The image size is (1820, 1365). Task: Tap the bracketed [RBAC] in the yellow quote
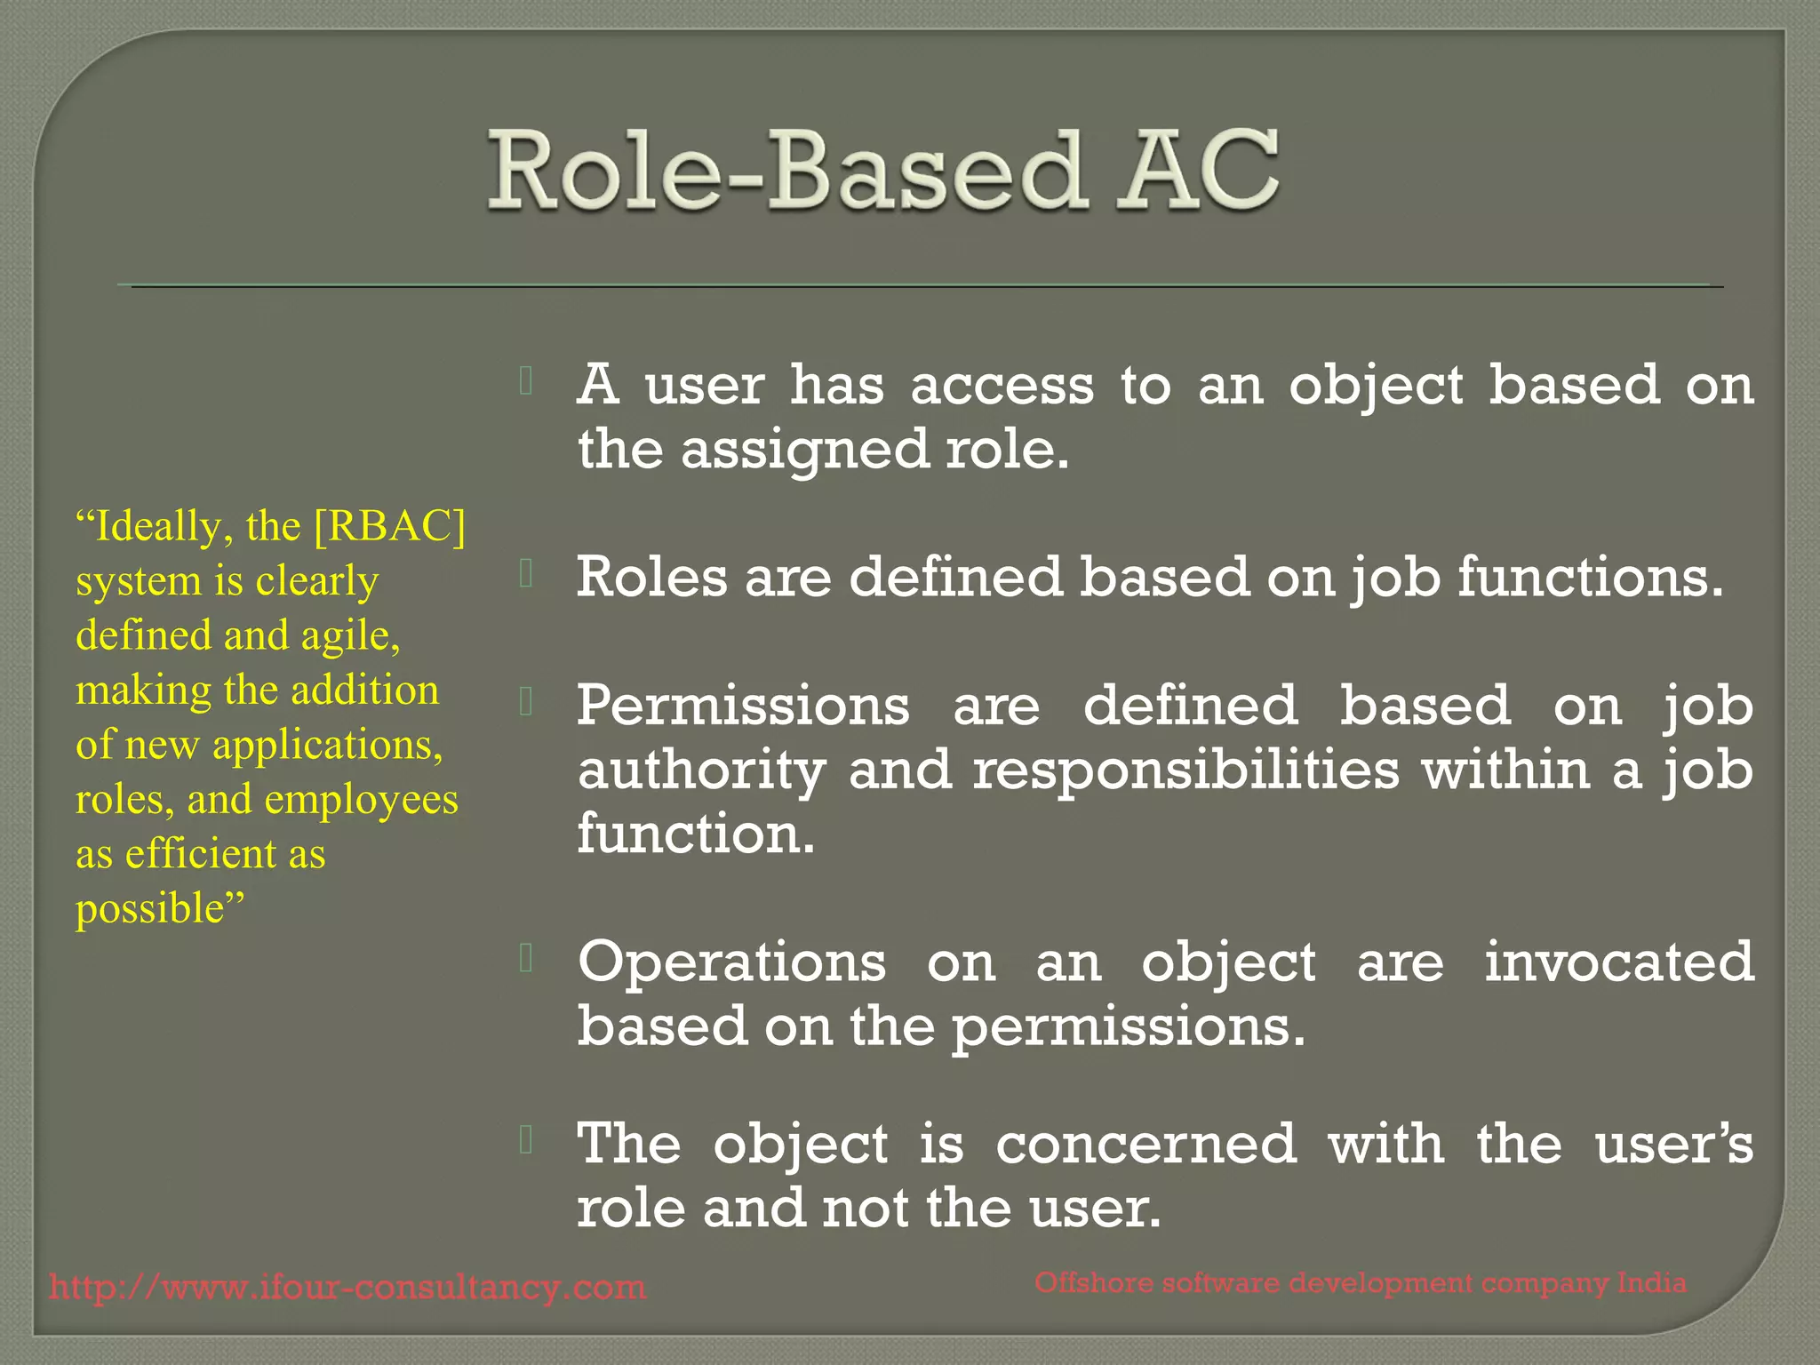pyautogui.click(x=390, y=526)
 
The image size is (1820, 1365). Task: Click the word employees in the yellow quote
pyautogui.click(x=361, y=800)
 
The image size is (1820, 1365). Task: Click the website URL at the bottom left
pyautogui.click(x=347, y=1287)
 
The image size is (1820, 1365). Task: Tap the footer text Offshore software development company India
pyautogui.click(x=1360, y=1283)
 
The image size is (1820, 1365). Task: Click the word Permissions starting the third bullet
pyautogui.click(x=743, y=706)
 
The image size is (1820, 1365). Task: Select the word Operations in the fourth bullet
pyautogui.click(x=731, y=962)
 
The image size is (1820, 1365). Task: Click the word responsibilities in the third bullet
pyautogui.click(x=1185, y=770)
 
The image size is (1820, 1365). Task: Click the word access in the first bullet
pyautogui.click(x=1002, y=387)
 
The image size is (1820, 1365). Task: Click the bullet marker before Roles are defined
pyautogui.click(x=526, y=574)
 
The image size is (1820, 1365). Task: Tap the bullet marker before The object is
pyautogui.click(x=526, y=1139)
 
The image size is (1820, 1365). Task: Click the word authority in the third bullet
pyautogui.click(x=700, y=770)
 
